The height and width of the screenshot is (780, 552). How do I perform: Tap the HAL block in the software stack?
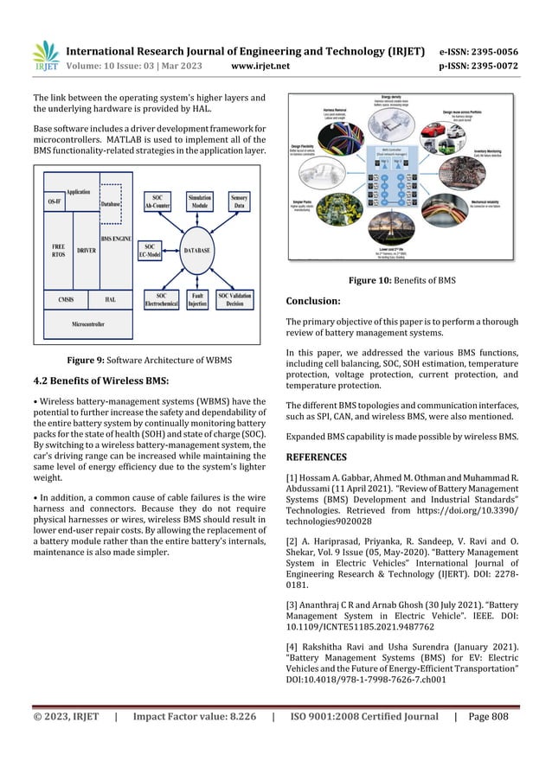point(110,299)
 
